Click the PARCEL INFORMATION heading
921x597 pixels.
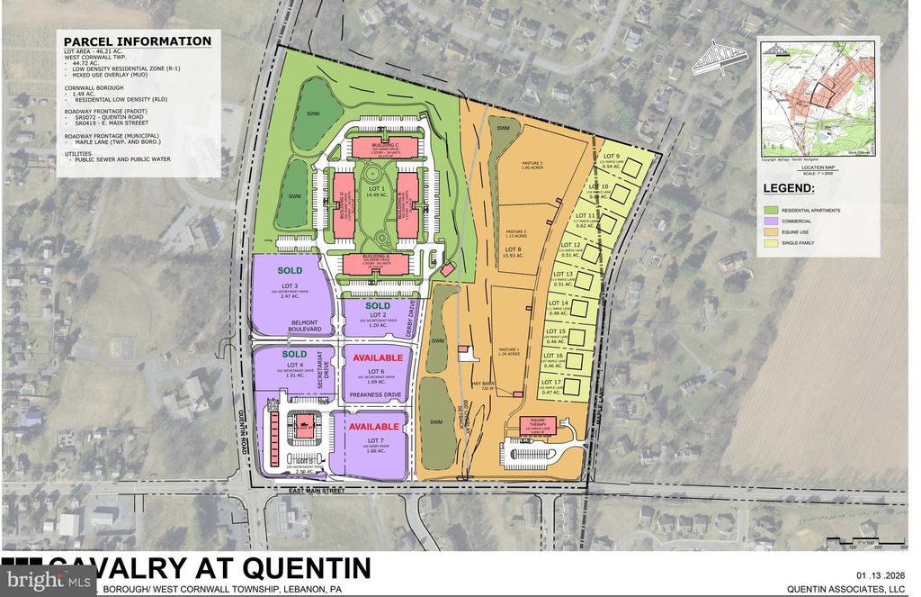(138, 41)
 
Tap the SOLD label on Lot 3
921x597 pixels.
(289, 270)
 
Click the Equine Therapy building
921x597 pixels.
(539, 427)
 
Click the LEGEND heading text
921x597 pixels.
(789, 188)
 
